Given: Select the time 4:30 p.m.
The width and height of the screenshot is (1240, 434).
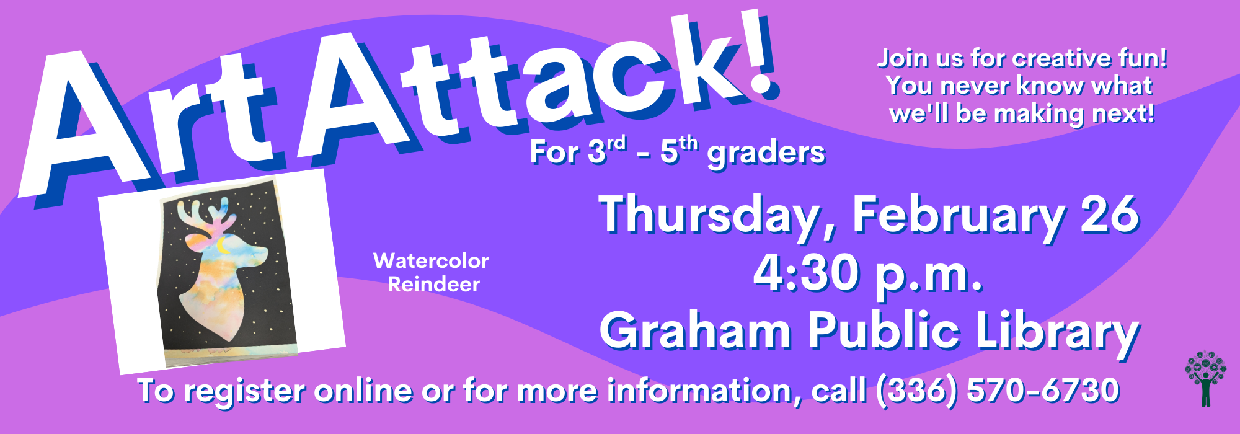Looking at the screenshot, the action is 868,273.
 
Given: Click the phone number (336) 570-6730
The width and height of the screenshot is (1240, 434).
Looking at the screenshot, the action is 998,391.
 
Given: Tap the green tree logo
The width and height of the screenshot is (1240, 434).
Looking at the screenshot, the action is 1205,379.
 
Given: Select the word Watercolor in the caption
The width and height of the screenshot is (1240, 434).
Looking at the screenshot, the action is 431,260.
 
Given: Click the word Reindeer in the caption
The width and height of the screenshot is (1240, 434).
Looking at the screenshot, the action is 434,284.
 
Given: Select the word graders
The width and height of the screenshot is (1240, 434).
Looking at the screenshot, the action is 766,153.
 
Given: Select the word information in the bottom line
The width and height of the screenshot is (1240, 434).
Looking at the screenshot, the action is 704,391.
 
